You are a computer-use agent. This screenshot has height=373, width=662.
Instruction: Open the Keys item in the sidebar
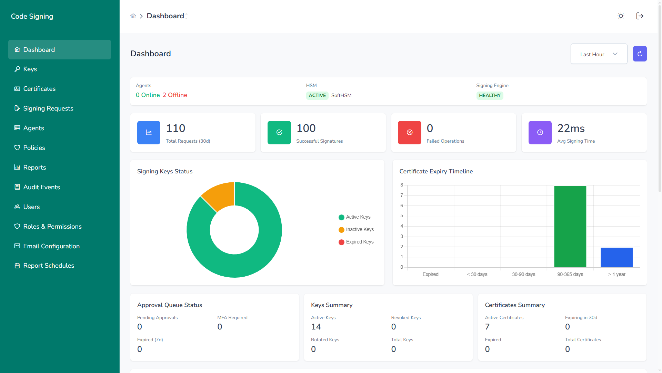point(30,69)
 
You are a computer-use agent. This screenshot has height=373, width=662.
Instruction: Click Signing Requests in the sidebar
point(48,108)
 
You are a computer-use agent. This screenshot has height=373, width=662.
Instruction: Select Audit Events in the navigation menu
point(41,187)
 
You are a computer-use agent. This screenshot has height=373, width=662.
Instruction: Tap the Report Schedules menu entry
point(49,266)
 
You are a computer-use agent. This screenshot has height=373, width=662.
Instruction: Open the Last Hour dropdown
point(599,54)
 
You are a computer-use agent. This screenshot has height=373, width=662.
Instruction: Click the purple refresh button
point(640,54)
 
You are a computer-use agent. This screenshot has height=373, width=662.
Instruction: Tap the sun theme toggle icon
point(621,16)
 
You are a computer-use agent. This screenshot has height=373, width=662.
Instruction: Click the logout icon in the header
point(640,16)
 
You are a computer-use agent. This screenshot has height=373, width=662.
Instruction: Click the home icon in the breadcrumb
point(133,16)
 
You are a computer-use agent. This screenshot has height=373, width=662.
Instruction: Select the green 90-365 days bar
point(570,227)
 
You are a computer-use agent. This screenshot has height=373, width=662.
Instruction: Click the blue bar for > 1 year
point(616,257)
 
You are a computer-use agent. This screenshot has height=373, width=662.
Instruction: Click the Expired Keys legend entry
point(356,242)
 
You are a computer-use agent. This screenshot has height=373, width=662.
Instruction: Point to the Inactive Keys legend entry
point(356,230)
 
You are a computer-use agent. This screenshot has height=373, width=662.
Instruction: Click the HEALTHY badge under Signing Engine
point(490,96)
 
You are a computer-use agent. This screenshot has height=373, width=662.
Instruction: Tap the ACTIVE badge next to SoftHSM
point(317,96)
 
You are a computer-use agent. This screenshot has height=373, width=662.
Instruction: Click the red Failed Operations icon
point(409,133)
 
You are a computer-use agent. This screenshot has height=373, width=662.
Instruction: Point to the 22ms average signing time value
point(571,128)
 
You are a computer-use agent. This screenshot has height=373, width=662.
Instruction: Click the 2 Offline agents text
point(175,95)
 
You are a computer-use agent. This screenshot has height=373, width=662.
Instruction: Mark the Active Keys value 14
point(316,327)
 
